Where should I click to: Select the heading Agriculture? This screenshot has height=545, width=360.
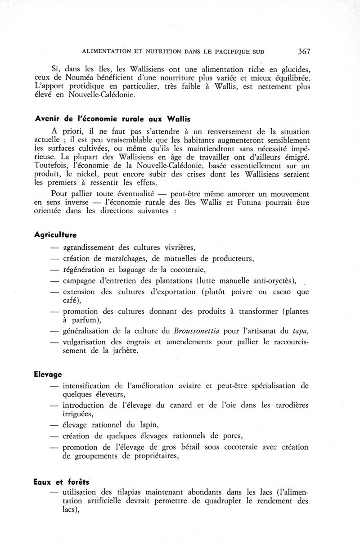[55, 235]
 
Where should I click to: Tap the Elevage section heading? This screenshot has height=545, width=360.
[48, 374]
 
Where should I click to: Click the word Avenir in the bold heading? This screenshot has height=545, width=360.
[47, 119]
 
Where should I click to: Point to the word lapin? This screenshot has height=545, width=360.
[146, 425]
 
